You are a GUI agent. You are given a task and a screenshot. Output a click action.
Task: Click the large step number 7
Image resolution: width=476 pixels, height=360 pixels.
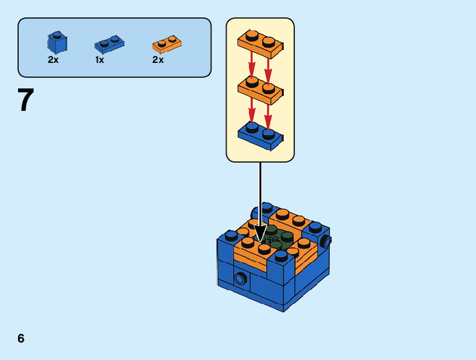[x=25, y=100]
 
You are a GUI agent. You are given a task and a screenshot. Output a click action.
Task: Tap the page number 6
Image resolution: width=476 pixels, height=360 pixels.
[x=21, y=338]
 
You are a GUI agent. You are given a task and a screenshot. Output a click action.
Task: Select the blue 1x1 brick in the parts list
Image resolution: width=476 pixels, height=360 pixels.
[x=57, y=43]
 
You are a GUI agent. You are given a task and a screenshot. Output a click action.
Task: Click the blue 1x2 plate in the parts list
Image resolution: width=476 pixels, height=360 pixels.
[x=109, y=44]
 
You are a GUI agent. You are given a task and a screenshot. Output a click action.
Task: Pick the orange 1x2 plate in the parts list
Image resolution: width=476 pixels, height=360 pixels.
[x=167, y=44]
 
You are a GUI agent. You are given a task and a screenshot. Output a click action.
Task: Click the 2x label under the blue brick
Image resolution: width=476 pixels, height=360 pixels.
[x=53, y=60]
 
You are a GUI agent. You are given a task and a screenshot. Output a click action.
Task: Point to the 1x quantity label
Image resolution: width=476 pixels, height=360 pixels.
[x=100, y=60]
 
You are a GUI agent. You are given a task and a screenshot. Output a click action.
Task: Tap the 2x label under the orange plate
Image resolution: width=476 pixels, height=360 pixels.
[x=158, y=60]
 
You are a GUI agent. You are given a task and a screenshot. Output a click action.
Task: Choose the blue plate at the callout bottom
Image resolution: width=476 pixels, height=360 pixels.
[x=260, y=135]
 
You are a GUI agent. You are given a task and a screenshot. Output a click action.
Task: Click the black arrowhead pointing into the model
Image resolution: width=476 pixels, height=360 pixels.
[x=260, y=233]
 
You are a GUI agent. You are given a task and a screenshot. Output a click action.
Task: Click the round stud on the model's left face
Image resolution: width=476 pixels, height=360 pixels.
[x=240, y=278]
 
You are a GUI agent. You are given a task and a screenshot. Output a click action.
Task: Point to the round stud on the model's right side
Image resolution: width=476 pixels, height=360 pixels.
[x=325, y=242]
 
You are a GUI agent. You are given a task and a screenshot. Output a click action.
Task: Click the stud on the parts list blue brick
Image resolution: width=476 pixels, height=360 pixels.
[x=57, y=35]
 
